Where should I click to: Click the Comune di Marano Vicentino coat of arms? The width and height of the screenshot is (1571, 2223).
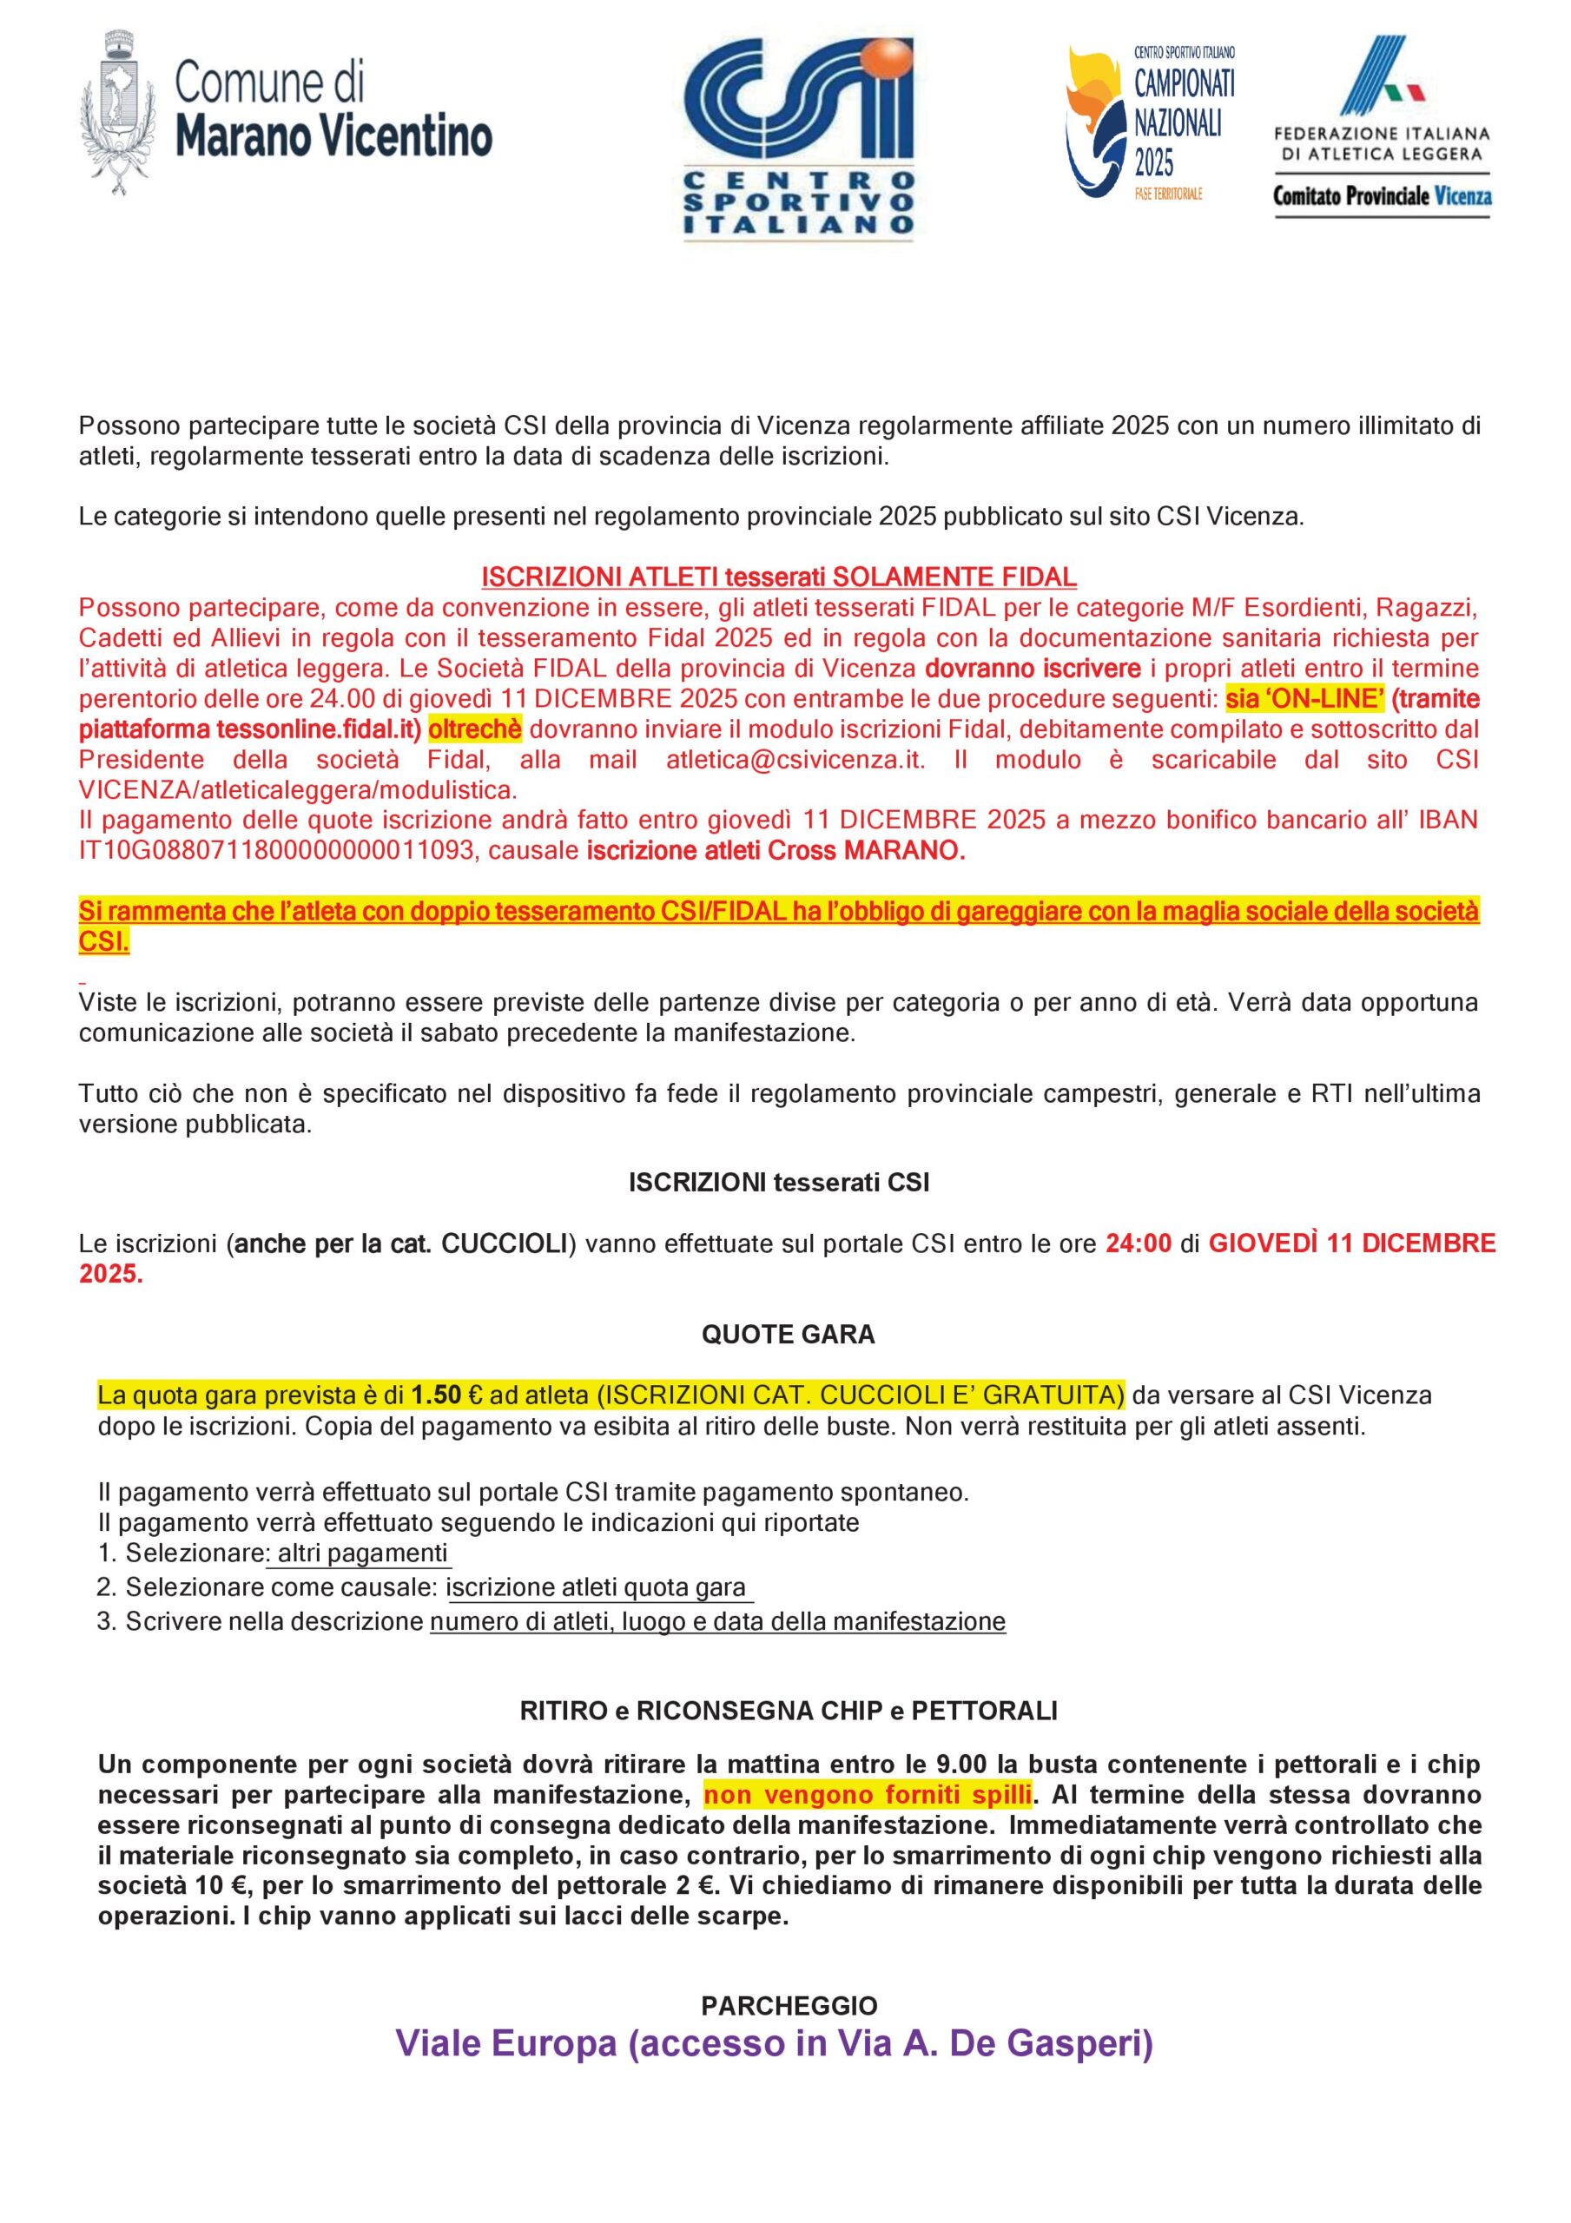pyautogui.click(x=119, y=107)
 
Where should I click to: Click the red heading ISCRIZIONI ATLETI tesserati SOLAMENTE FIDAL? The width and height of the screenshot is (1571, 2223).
pyautogui.click(x=779, y=577)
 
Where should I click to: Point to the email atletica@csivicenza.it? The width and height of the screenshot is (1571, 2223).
pyautogui.click(x=795, y=760)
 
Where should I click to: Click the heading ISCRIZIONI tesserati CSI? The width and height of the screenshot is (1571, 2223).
pyautogui.click(x=779, y=1182)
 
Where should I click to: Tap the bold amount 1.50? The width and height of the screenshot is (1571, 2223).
pyautogui.click(x=437, y=1395)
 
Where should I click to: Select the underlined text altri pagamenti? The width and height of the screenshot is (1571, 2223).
pyautogui.click(x=362, y=1554)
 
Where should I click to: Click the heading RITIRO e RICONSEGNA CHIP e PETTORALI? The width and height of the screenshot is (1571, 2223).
pyautogui.click(x=789, y=1711)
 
